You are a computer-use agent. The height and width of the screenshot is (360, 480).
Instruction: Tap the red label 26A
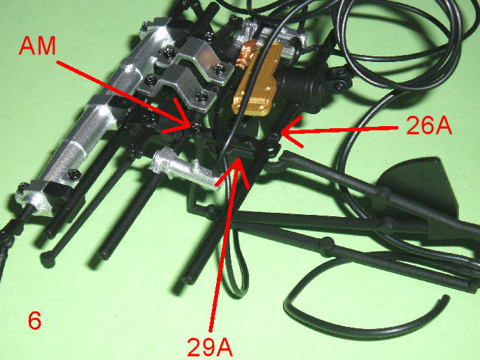click(x=429, y=126)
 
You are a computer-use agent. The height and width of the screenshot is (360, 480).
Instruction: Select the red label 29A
click(x=210, y=347)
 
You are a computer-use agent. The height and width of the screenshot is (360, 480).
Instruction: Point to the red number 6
click(x=34, y=321)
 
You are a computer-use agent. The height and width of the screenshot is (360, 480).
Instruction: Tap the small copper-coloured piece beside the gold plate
click(x=246, y=54)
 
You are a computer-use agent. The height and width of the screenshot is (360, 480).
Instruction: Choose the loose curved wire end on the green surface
click(x=446, y=299)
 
